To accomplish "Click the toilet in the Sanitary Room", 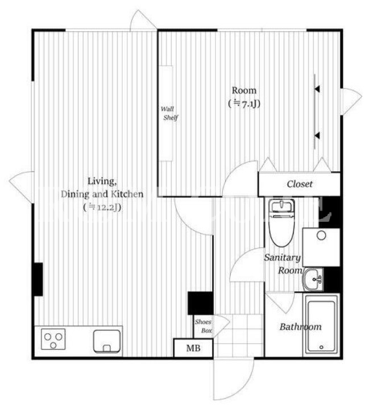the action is [x=281, y=223].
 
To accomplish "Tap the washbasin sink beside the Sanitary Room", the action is [x=313, y=279].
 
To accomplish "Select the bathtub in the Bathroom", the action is [x=321, y=325].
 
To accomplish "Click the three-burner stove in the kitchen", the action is [x=53, y=339].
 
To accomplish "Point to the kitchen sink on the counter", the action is [x=107, y=341].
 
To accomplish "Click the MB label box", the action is [x=193, y=348].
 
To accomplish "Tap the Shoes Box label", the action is [x=203, y=326].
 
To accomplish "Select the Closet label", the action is [x=300, y=184].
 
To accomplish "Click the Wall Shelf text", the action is [x=169, y=113].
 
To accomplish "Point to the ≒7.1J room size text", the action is [x=244, y=104].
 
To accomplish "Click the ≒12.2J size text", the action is [x=102, y=208].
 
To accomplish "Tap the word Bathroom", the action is [x=300, y=326].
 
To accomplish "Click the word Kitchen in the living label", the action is [x=127, y=194].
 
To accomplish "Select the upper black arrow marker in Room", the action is [x=317, y=89].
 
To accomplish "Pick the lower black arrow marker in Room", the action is [x=317, y=135].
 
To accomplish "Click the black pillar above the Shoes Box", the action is [x=200, y=303].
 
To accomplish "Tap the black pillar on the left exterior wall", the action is [x=38, y=279].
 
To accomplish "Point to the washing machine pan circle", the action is [x=321, y=235].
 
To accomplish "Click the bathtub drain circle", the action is [x=321, y=347].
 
